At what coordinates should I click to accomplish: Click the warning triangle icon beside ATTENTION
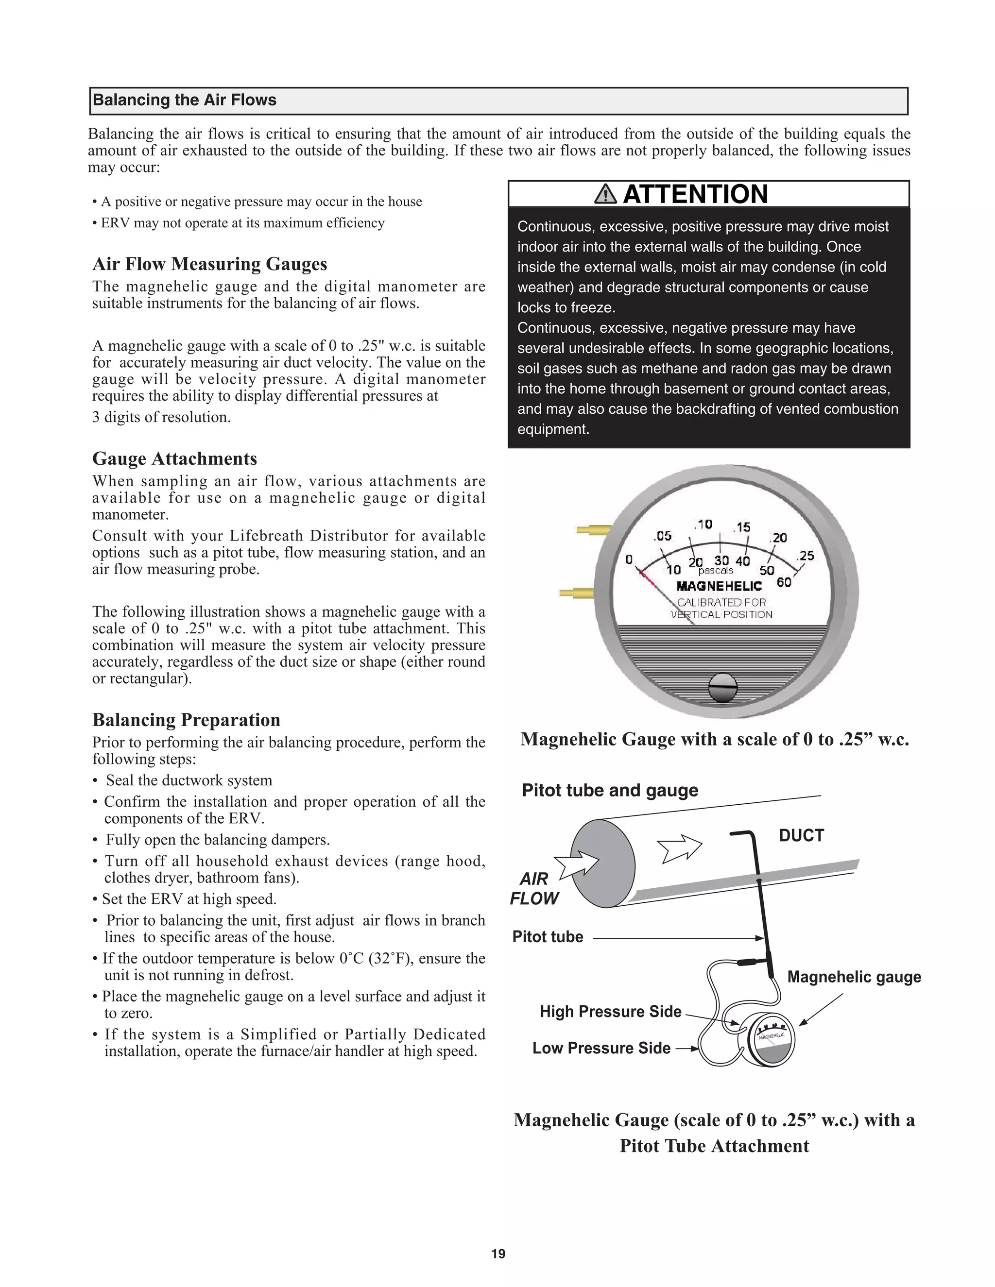click(x=605, y=194)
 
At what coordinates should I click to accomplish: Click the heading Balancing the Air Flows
click(x=185, y=100)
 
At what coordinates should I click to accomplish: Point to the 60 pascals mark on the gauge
click(x=784, y=582)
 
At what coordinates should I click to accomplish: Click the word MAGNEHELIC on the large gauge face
click(x=719, y=586)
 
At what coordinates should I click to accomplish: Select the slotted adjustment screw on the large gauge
click(x=722, y=687)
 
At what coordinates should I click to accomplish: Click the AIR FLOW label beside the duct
click(x=534, y=889)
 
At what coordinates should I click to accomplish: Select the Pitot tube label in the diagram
click(x=548, y=937)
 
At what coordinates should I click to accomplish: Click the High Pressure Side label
click(x=610, y=1011)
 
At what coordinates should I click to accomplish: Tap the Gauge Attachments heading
click(x=174, y=458)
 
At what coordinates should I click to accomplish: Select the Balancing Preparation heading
click(x=186, y=720)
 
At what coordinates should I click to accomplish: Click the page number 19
click(x=498, y=1253)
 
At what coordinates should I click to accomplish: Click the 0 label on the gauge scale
click(x=629, y=559)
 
